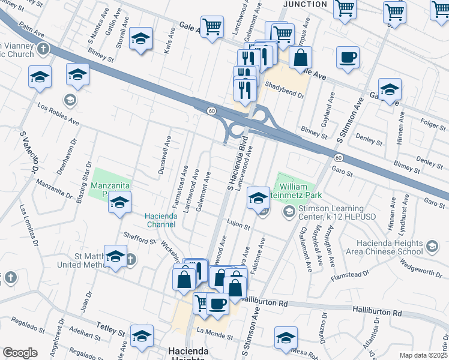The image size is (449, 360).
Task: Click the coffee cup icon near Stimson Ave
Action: (348, 58)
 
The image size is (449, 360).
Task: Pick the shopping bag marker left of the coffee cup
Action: (300, 59)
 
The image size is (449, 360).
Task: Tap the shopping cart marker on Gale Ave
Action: (212, 27)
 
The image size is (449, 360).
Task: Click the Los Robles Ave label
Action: (58, 113)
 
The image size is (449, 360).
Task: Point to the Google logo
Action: (20, 353)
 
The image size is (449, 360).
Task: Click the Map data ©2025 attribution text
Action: (423, 355)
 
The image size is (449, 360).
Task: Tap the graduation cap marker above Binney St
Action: (140, 40)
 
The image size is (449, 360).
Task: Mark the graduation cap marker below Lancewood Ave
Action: (258, 197)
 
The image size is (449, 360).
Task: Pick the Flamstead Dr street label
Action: (350, 275)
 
